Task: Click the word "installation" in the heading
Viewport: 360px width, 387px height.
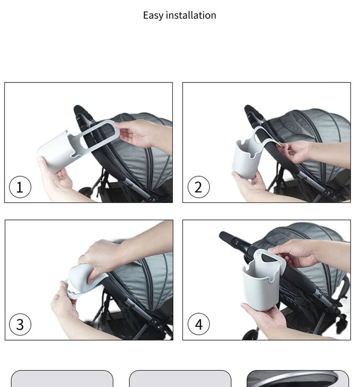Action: [x=191, y=15]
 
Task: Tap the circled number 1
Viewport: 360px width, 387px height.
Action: [x=20, y=187]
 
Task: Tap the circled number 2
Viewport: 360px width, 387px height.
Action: [x=198, y=187]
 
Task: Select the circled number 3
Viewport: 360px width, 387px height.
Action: [x=20, y=324]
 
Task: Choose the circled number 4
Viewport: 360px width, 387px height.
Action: [x=198, y=324]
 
